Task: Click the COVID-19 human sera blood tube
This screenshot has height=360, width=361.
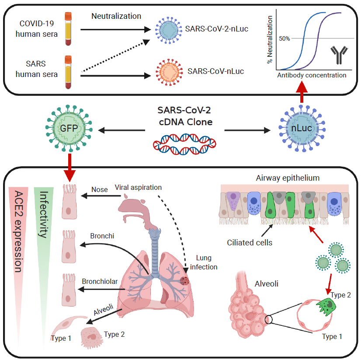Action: pyautogui.click(x=68, y=28)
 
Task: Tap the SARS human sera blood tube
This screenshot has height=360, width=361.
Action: pyautogui.click(x=68, y=72)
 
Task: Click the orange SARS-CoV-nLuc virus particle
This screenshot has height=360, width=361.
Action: pyautogui.click(x=167, y=71)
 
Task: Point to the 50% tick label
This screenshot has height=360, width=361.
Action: pyautogui.click(x=285, y=38)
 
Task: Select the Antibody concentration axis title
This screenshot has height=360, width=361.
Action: pyautogui.click(x=312, y=75)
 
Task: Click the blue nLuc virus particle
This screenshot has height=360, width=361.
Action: pyautogui.click(x=301, y=130)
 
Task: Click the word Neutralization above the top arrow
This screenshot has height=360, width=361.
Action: pyautogui.click(x=116, y=16)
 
